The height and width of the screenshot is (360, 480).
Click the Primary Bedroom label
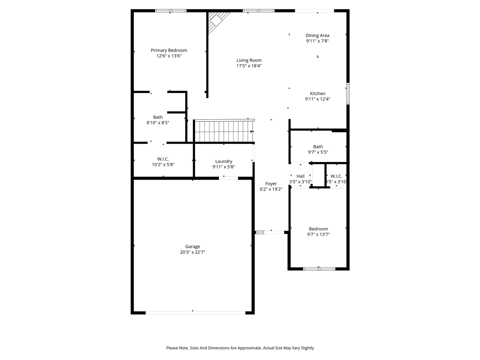pos(169,50)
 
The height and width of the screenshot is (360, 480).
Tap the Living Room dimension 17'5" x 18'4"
pos(249,66)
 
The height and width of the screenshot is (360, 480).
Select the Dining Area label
pos(317,36)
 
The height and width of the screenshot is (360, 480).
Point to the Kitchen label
pos(317,94)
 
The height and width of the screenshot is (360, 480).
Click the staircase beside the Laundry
pos(223,131)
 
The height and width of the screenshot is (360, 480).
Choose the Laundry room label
pos(223,162)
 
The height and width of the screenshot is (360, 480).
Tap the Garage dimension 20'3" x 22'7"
pos(192,252)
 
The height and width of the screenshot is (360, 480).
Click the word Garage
pos(192,247)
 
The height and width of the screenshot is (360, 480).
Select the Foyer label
pos(271,184)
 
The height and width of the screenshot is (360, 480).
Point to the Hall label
pos(300,176)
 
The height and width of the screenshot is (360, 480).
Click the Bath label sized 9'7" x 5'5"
pos(318,147)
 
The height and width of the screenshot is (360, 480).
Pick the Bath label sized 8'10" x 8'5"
pos(158,117)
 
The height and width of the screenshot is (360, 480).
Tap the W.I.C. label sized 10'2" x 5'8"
pos(163,159)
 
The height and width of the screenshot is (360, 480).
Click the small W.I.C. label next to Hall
pos(336,176)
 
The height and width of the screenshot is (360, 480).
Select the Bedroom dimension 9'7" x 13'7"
pos(318,235)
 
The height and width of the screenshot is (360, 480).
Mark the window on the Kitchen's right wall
pos(348,94)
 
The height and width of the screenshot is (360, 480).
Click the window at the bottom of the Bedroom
pos(319,268)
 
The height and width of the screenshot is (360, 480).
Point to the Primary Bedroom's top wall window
pos(171,11)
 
